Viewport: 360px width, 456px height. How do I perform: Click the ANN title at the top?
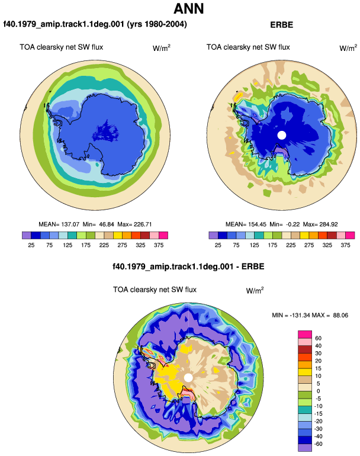[x=188, y=8]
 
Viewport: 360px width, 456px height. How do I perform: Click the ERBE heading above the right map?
[x=281, y=25]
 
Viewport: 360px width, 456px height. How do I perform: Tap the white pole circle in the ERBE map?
[x=282, y=135]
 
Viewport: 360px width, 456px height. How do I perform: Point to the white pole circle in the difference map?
[x=188, y=378]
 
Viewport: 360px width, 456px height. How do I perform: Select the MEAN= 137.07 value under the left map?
[x=59, y=224]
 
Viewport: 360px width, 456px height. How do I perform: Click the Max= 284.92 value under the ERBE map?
[x=320, y=224]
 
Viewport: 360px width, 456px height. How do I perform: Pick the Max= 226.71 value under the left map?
[x=134, y=224]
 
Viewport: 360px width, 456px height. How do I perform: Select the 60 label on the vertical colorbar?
[x=318, y=338]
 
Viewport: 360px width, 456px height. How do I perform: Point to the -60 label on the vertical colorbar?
[x=319, y=444]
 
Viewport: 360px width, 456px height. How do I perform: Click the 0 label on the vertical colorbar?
[x=318, y=391]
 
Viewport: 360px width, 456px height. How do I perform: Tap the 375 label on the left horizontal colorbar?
[x=159, y=245]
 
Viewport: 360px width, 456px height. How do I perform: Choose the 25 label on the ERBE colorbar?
[x=218, y=245]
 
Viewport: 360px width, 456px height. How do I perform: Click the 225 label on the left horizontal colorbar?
[x=104, y=245]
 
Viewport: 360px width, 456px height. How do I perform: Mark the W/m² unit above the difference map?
[x=255, y=290]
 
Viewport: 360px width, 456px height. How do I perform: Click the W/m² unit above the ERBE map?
[x=348, y=48]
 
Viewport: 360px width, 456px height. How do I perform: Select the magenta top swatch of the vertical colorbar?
[x=305, y=335]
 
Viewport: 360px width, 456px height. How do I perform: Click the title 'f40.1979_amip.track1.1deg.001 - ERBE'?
[x=188, y=266]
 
